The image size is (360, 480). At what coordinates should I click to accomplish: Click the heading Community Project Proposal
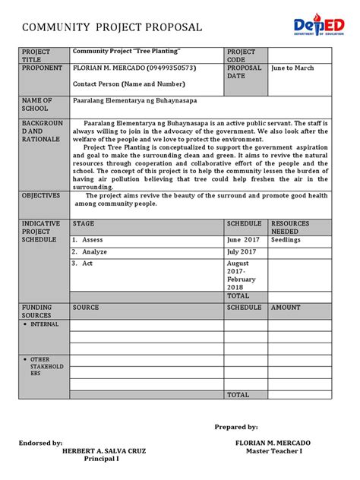112,28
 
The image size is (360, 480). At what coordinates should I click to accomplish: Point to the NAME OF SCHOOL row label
38,105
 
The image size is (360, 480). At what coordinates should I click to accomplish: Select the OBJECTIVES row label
41,195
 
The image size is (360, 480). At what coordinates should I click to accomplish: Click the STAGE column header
84,224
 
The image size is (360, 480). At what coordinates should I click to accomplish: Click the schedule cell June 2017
243,239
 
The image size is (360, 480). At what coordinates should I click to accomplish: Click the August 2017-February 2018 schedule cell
243,274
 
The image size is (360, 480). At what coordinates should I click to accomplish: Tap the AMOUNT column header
286,308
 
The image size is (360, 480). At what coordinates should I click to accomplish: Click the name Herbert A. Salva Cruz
103,451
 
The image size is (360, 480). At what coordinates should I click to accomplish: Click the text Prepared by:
235,427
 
